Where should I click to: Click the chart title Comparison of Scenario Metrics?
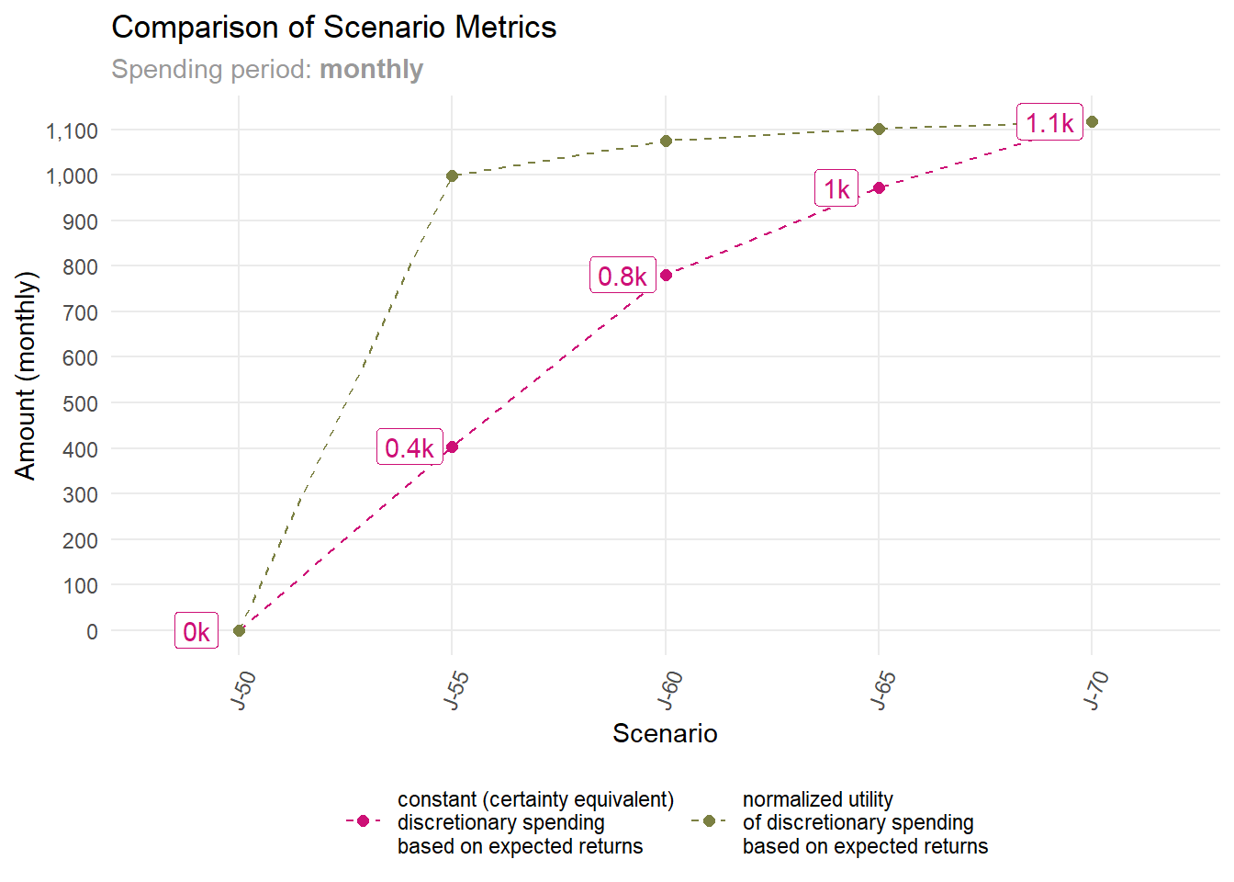point(333,28)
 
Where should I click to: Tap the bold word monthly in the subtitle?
point(371,70)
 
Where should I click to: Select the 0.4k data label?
point(409,447)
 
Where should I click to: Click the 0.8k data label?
point(623,276)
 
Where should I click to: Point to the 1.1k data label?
point(1049,123)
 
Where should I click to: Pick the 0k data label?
point(196,631)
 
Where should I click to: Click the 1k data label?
point(836,189)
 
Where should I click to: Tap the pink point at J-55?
point(452,447)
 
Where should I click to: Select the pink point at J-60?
point(667,275)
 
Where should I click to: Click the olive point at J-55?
point(452,175)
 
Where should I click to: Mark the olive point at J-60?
point(667,141)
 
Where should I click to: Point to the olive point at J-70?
point(1092,122)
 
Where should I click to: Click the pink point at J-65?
point(880,187)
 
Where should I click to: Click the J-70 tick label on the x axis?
point(1096,691)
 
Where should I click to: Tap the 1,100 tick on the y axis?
point(72,131)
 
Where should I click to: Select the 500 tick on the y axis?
point(80,403)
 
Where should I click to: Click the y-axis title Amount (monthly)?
point(26,375)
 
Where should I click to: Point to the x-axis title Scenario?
point(665,733)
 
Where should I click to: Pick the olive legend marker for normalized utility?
point(709,821)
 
